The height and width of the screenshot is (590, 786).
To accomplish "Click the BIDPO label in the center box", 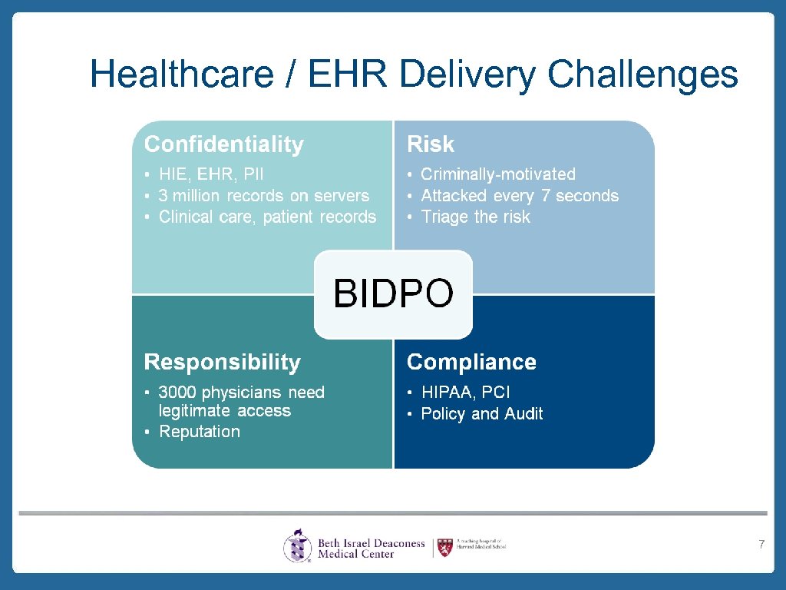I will [393, 293].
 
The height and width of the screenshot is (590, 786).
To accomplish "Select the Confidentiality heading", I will [223, 144].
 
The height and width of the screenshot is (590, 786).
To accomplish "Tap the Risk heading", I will [430, 144].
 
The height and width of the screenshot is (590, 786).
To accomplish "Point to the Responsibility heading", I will [222, 362].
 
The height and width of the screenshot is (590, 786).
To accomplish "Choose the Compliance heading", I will [471, 362].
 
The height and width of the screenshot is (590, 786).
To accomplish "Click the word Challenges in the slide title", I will [642, 75].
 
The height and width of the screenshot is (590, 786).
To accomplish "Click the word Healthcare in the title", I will [182, 75].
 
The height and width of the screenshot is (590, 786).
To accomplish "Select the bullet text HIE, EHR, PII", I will [211, 174].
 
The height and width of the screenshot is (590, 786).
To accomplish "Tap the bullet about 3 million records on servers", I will [263, 196].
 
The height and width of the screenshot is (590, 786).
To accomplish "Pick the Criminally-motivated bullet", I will [497, 174].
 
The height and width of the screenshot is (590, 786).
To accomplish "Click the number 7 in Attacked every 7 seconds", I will [545, 196].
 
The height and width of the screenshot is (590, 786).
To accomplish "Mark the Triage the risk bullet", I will [475, 217].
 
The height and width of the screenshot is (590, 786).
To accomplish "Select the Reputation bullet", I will [199, 432].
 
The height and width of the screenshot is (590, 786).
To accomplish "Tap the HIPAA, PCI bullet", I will [465, 393].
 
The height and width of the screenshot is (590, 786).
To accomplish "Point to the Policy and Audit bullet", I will [481, 414].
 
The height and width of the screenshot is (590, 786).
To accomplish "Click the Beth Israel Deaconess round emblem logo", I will [297, 546].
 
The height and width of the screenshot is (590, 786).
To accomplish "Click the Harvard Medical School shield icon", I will [444, 546].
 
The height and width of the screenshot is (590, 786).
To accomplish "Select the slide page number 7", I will [761, 545].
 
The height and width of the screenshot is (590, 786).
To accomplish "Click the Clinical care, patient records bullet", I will [267, 217].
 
